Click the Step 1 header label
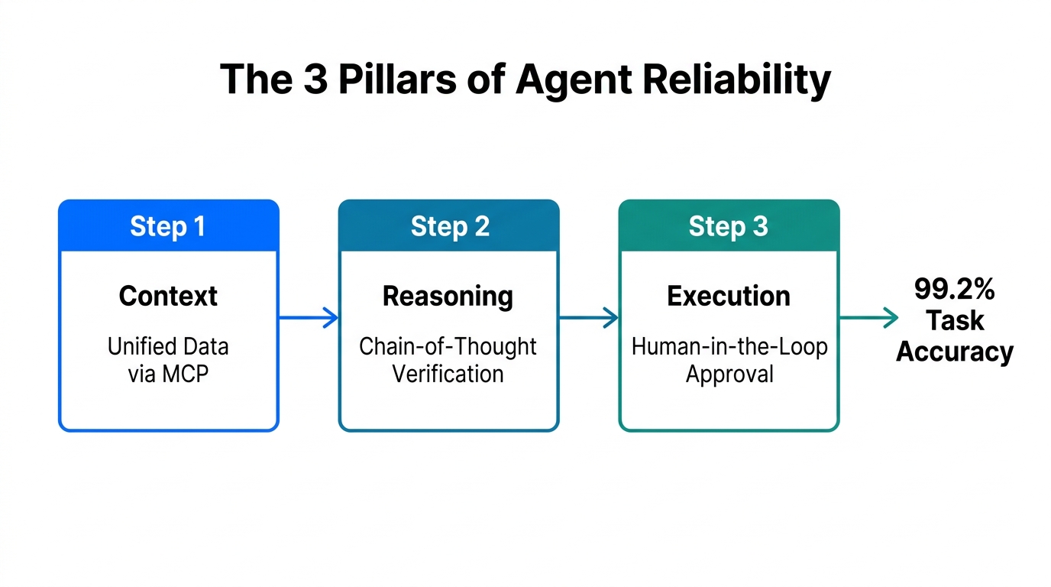168,226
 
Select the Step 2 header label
449,226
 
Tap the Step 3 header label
728,226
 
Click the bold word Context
168,296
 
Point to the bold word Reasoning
448,297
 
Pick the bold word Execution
729,296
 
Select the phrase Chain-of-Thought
448,346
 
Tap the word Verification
448,374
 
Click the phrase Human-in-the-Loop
729,346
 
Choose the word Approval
729,374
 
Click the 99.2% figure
955,290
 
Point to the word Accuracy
955,352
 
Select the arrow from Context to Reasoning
309,318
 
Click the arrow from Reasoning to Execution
589,318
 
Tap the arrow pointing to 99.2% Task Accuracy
868,318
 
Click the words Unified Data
168,346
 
